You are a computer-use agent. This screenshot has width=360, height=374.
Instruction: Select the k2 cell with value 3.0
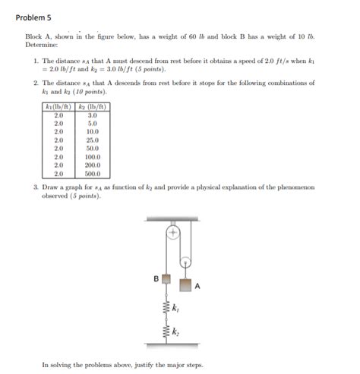tap(93, 115)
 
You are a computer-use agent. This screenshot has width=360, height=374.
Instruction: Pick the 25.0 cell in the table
tap(93, 140)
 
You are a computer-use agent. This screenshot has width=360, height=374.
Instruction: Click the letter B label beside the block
tap(156, 278)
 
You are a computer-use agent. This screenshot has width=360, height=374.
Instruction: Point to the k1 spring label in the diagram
tap(177, 309)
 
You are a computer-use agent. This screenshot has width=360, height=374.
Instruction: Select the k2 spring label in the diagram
tap(177, 332)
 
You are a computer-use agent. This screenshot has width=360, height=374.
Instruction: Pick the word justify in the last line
tap(131, 365)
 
